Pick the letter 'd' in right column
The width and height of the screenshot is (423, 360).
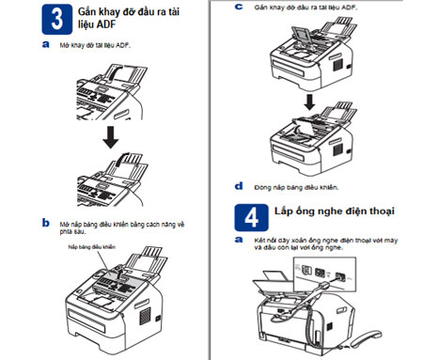(240, 186)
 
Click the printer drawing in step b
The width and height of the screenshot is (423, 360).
(113, 301)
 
